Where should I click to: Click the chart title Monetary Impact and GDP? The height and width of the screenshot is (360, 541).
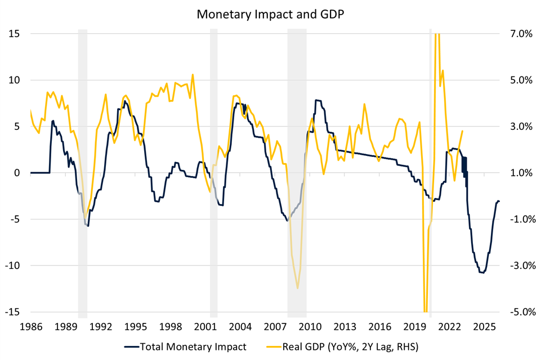click(x=270, y=15)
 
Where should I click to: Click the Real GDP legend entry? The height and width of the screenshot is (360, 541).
click(x=344, y=346)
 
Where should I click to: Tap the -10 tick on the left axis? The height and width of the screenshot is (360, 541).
click(x=12, y=265)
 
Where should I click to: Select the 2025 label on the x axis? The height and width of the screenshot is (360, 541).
click(x=485, y=326)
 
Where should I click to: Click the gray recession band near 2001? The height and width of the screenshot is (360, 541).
click(x=214, y=169)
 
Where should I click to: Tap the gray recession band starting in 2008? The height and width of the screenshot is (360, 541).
click(x=297, y=169)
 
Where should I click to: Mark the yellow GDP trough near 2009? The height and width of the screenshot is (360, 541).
click(x=297, y=289)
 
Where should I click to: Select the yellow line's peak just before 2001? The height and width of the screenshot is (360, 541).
click(x=193, y=74)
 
